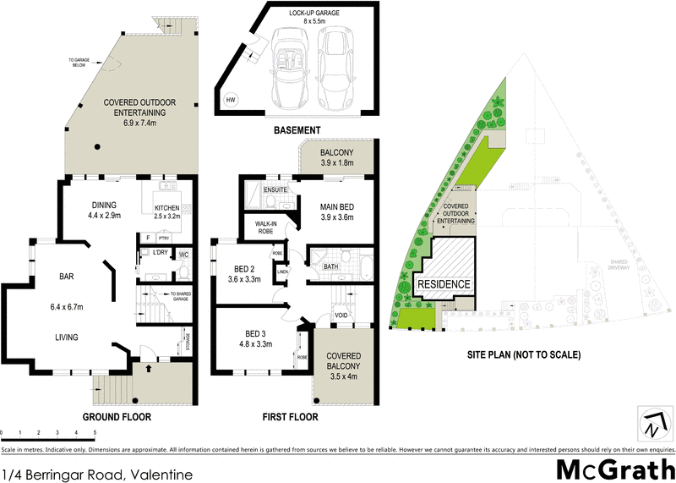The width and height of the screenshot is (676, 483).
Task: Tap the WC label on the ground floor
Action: point(183,255)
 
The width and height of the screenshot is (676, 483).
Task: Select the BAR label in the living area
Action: point(68,277)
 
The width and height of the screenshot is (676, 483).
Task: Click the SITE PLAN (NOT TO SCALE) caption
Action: point(525,355)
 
